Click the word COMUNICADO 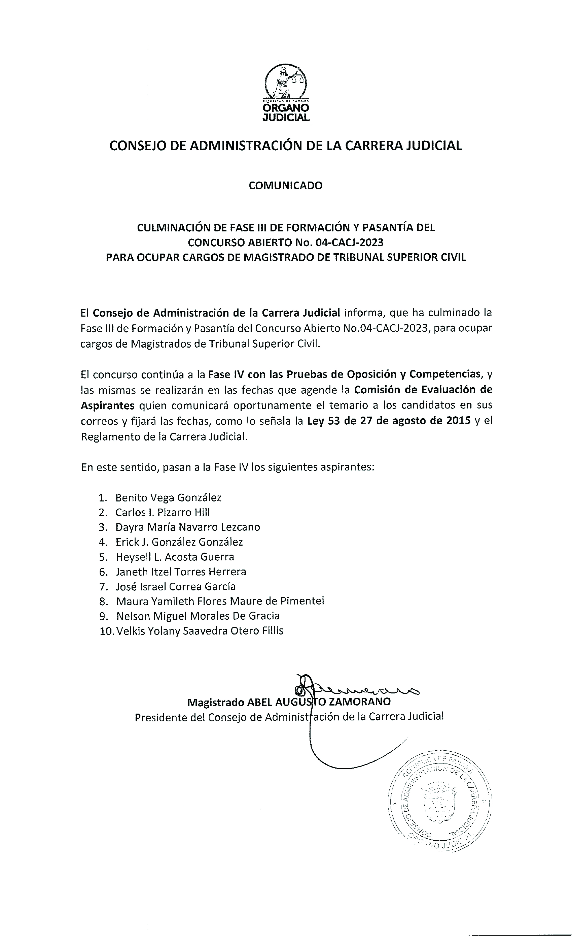coord(286,186)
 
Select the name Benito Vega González coord(168,498)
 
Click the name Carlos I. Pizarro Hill coord(162,512)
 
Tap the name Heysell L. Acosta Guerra coord(175,557)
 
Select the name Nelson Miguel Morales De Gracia coord(198,616)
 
